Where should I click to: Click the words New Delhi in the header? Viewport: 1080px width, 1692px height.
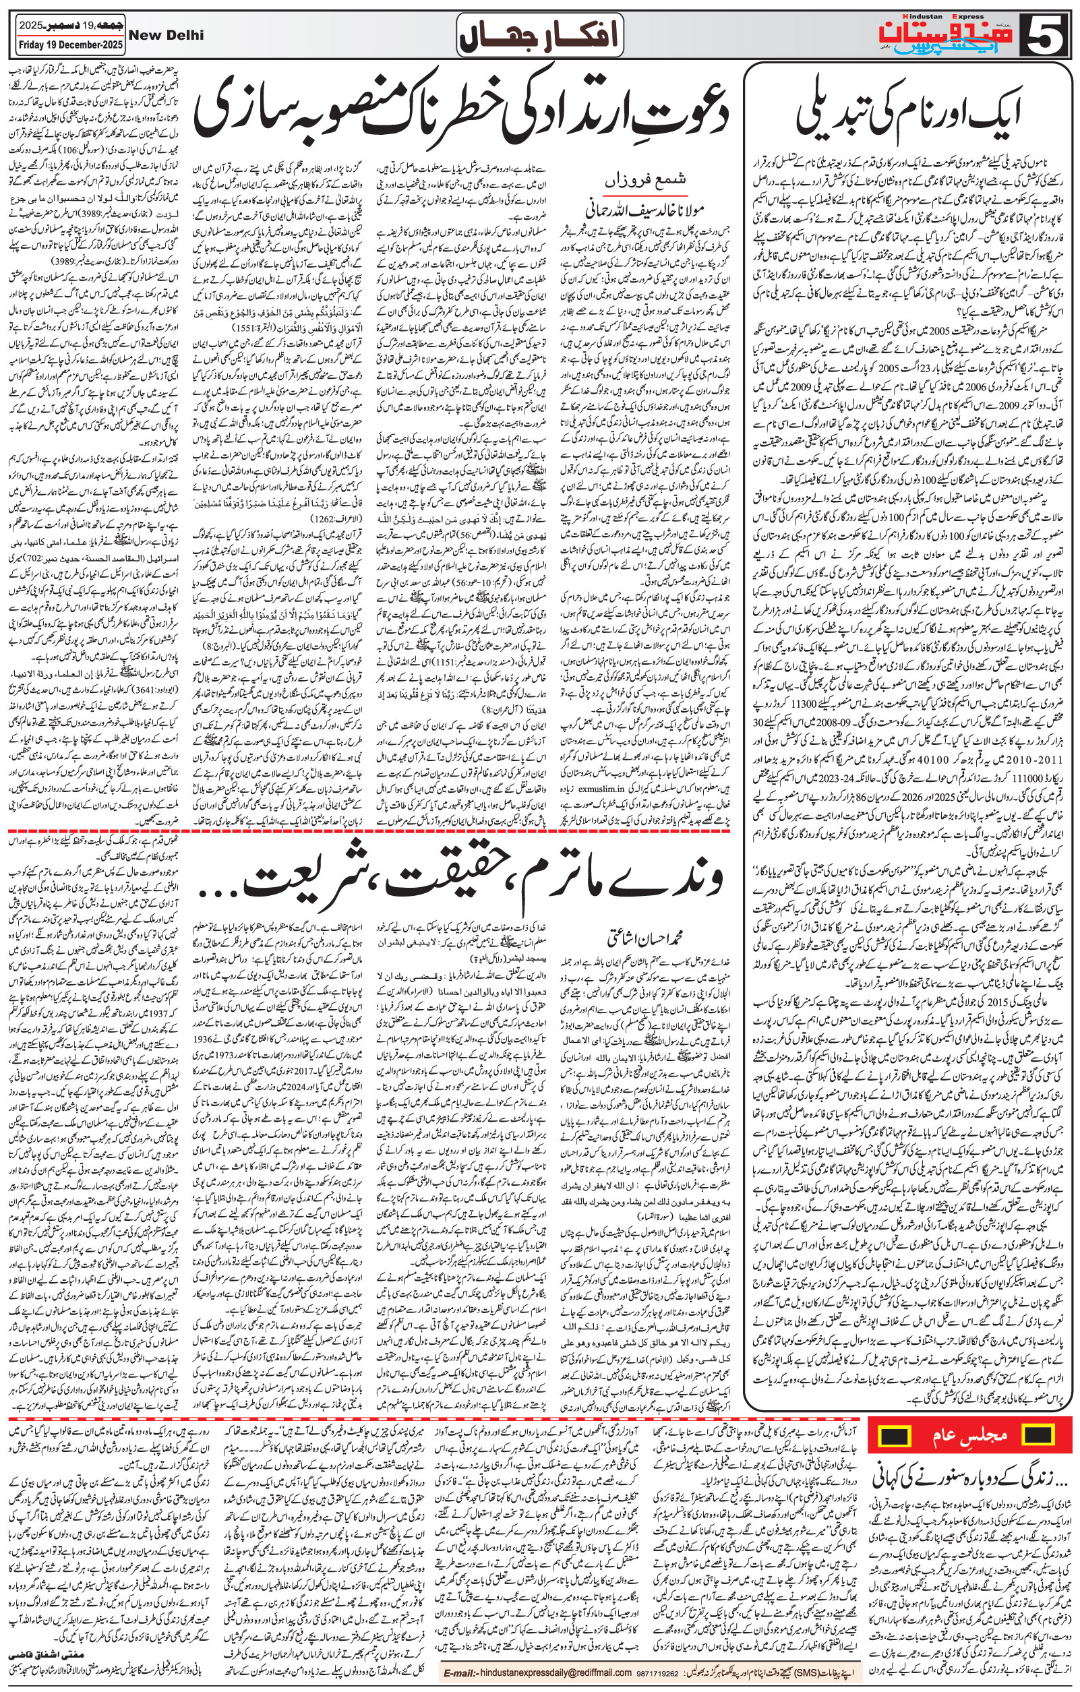168,34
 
